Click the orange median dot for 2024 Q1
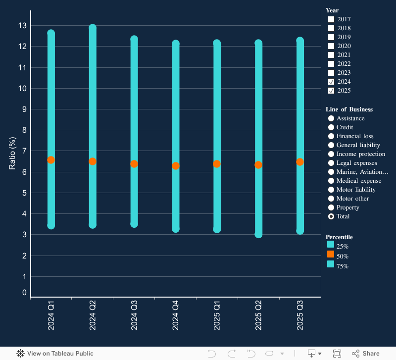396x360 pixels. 51,160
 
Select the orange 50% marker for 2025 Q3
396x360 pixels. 300,162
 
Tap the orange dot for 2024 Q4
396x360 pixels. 175,166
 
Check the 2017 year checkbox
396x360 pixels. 332,19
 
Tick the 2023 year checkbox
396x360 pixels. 332,73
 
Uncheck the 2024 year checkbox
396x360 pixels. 332,82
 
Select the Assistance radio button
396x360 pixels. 331,118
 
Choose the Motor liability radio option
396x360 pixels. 331,190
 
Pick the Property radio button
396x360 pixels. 331,207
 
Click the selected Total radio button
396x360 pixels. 331,216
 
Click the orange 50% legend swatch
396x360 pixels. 331,254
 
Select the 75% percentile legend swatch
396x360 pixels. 331,264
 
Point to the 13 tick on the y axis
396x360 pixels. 22,25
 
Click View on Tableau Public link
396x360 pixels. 55,354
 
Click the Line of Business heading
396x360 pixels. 349,109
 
